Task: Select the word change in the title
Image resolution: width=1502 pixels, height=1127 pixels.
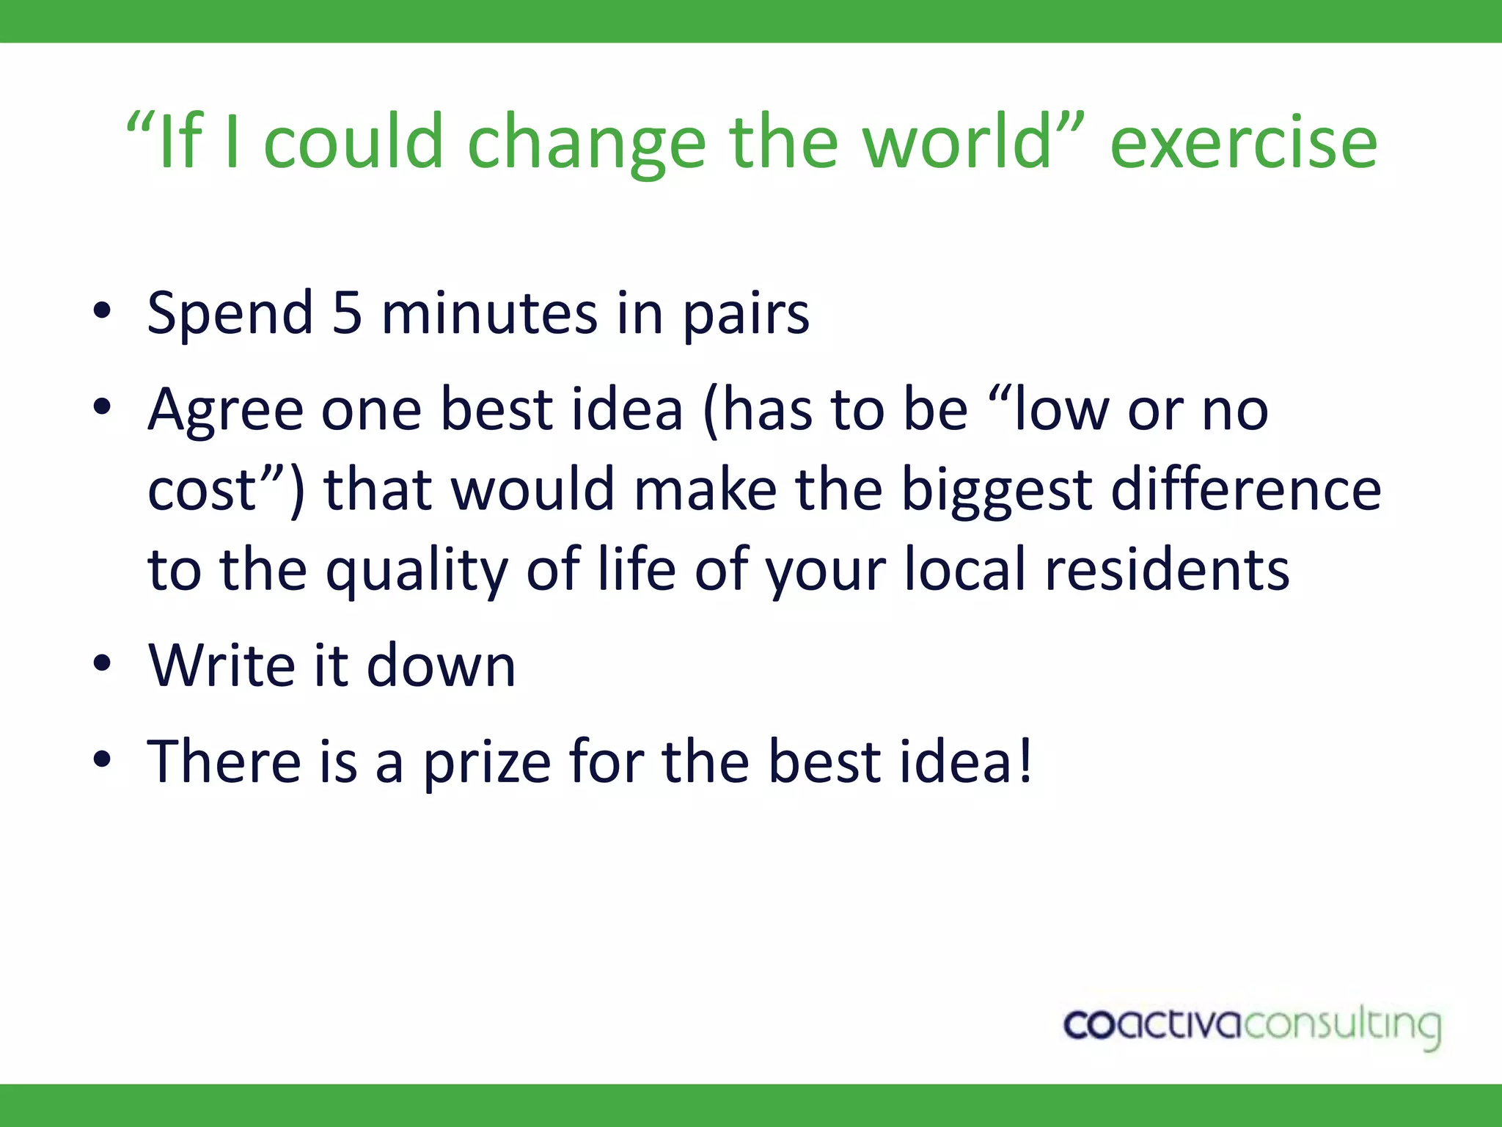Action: click(x=586, y=143)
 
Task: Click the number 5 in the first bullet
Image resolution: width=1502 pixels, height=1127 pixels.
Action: click(x=347, y=313)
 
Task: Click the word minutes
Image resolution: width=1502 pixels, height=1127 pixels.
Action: click(x=489, y=313)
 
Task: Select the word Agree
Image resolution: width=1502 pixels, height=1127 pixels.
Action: click(x=225, y=411)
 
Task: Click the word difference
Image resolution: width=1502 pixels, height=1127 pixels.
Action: click(x=1246, y=489)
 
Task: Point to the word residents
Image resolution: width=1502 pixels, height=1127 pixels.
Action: click(x=1167, y=570)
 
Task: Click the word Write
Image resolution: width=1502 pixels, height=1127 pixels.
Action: click(x=221, y=665)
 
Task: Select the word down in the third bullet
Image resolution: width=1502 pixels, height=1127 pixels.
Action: click(x=441, y=665)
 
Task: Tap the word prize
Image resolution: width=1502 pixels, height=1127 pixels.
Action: click(x=487, y=763)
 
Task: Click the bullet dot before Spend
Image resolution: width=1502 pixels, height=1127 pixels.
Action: click(x=102, y=312)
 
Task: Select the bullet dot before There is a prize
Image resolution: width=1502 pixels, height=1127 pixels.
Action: click(x=102, y=761)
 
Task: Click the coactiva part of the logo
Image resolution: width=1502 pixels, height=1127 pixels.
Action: click(x=1152, y=1024)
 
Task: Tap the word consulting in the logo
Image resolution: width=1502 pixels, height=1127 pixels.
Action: click(x=1342, y=1026)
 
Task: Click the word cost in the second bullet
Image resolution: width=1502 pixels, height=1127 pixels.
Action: click(x=202, y=491)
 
